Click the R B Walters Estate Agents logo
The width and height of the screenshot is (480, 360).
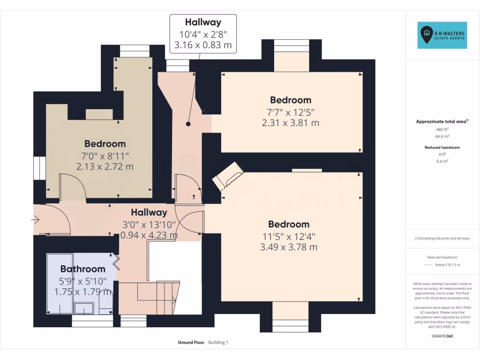[x=442, y=35]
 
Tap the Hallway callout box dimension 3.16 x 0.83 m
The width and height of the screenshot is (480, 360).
[x=202, y=45]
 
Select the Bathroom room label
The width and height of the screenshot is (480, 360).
[x=82, y=269]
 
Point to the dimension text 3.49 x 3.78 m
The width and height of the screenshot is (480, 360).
[x=289, y=247]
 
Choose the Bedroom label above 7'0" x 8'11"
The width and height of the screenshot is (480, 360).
[x=105, y=144]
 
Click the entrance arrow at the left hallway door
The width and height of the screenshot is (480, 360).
[x=36, y=219]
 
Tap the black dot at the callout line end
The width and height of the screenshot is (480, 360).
[x=188, y=124]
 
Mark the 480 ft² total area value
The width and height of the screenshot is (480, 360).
[x=442, y=129]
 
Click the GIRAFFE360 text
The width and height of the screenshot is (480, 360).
[x=442, y=336]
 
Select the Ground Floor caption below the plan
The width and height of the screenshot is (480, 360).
[x=191, y=343]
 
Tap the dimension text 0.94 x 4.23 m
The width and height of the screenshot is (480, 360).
[x=149, y=235]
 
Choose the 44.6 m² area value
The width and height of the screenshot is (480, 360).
[x=442, y=136]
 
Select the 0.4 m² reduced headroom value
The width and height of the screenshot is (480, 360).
[x=442, y=161]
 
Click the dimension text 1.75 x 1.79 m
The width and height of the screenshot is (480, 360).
[x=82, y=292]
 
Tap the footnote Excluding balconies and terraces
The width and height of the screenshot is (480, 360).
[x=442, y=238]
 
